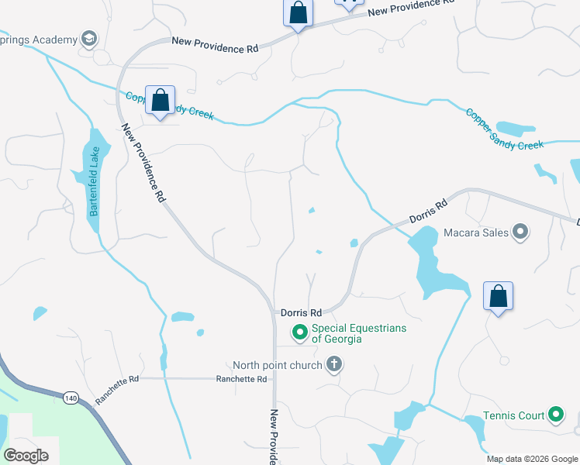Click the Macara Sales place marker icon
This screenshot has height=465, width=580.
(x=520, y=232)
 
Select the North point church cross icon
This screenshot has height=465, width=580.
(x=334, y=364)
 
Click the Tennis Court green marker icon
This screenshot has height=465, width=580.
(x=555, y=415)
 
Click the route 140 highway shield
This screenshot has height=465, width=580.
(x=71, y=398)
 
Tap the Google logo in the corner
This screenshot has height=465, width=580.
(x=26, y=456)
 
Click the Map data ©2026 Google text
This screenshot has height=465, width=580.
(x=531, y=459)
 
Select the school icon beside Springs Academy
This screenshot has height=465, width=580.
(x=89, y=40)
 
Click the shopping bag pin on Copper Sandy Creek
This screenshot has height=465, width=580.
(x=160, y=102)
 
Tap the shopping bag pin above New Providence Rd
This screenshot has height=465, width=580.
(x=297, y=13)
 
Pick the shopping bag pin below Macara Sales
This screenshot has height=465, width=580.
(x=498, y=297)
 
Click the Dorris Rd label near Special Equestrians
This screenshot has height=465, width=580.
(x=301, y=312)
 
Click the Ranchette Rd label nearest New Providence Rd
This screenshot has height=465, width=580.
(x=241, y=379)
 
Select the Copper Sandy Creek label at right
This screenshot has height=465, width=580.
(x=505, y=128)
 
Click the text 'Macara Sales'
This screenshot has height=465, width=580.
(x=476, y=232)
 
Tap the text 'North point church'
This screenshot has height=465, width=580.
(x=278, y=364)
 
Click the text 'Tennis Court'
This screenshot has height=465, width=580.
(x=514, y=416)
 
